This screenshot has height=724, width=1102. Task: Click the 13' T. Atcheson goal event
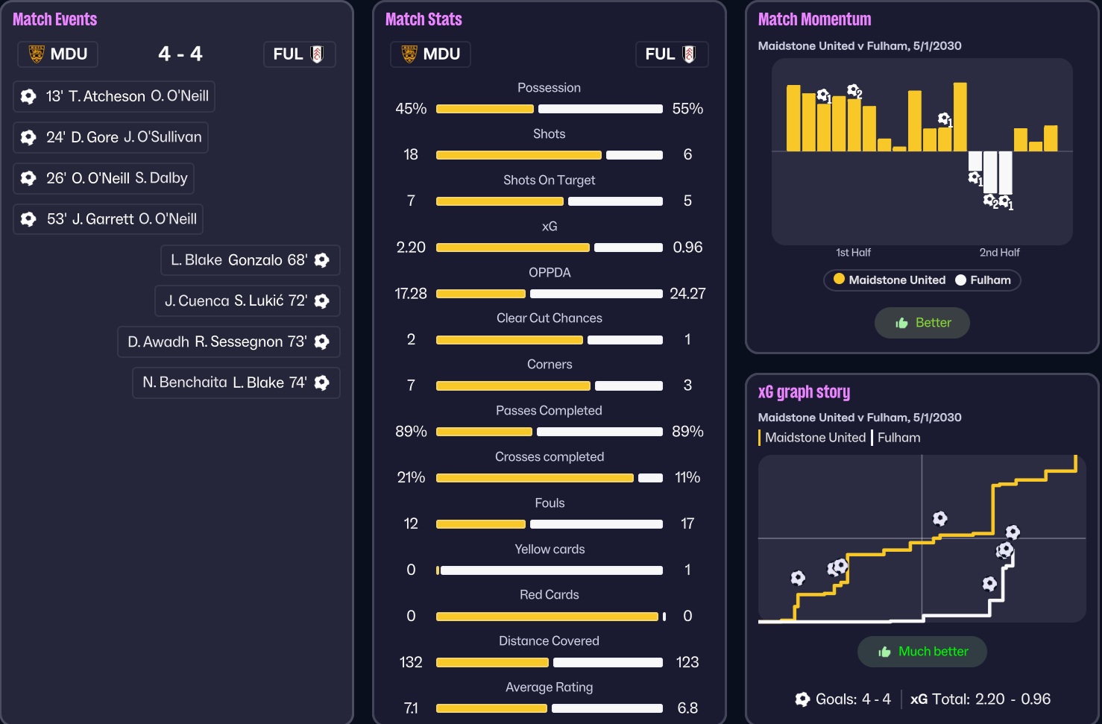point(114,96)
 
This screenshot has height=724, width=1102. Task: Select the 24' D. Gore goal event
point(110,137)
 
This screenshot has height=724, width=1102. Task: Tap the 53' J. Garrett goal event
point(108,219)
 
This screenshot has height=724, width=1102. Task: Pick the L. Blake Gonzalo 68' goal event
point(250,260)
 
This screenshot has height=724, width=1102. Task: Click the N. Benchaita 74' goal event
point(236,383)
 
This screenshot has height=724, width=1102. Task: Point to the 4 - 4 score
point(180,54)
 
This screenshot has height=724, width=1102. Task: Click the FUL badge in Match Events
point(299,54)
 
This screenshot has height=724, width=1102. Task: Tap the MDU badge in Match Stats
point(430,54)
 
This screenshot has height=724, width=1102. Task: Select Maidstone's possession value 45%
point(411,109)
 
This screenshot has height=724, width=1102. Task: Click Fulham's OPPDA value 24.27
point(687,294)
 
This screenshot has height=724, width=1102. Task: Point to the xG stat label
point(550,227)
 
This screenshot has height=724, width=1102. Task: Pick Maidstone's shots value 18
point(411,155)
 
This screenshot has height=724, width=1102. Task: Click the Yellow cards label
point(550,550)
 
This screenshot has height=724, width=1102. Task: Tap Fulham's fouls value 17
point(687,524)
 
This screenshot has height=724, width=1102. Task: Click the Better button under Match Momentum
point(922,323)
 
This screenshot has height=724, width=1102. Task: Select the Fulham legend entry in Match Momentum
point(983,280)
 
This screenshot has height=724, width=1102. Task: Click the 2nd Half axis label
point(999,253)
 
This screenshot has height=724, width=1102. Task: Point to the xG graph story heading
point(804,392)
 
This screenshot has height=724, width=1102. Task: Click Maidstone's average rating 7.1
point(411,708)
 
